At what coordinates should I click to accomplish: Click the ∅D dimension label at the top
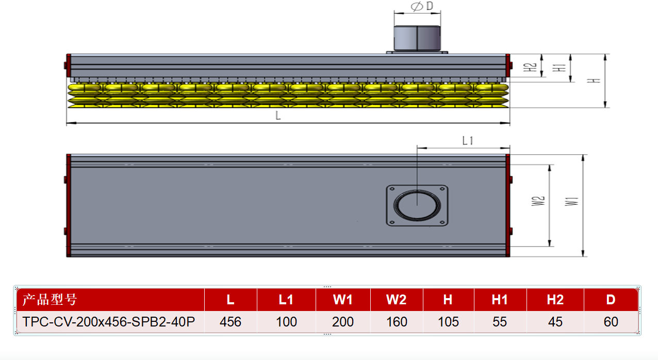[x=422, y=6]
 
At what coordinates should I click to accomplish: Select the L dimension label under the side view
[x=278, y=116]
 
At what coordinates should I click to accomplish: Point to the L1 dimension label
[x=468, y=141]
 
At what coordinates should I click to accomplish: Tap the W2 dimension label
[x=538, y=201]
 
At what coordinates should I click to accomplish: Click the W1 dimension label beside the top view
[x=572, y=202]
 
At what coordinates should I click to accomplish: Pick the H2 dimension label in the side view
[x=530, y=67]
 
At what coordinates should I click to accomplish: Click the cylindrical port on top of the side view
[x=417, y=38]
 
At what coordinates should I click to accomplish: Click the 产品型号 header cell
[x=50, y=300]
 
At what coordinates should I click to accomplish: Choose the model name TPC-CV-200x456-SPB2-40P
[x=109, y=322]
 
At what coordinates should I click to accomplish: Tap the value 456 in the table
[x=231, y=322]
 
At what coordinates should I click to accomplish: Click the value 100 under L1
[x=286, y=322]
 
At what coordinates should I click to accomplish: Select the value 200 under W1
[x=343, y=322]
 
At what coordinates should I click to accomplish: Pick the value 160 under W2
[x=397, y=322]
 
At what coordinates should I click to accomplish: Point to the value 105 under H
[x=448, y=322]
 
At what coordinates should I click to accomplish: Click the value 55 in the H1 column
[x=500, y=322]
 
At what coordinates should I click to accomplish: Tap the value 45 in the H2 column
[x=555, y=322]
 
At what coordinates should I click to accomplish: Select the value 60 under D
[x=611, y=322]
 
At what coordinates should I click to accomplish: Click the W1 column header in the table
[x=343, y=300]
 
